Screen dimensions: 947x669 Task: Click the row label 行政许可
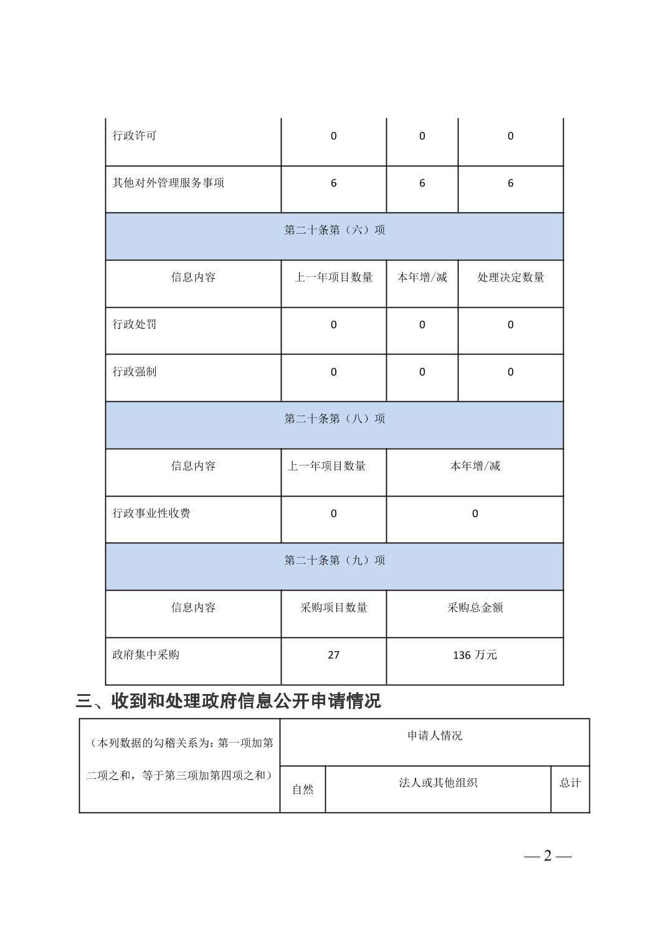pyautogui.click(x=135, y=136)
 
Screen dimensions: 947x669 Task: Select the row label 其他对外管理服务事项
pyautogui.click(x=168, y=183)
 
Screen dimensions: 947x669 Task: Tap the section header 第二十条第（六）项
pyautogui.click(x=334, y=231)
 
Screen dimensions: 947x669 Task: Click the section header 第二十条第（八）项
pyautogui.click(x=334, y=419)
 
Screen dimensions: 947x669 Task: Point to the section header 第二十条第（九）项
pyautogui.click(x=334, y=561)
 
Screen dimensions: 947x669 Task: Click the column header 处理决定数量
pyautogui.click(x=511, y=278)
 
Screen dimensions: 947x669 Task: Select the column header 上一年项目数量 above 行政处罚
pyautogui.click(x=334, y=278)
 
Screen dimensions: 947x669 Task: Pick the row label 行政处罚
pyautogui.click(x=135, y=325)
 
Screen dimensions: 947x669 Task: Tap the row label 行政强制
pyautogui.click(x=135, y=372)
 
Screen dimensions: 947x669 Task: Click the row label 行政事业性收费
pyautogui.click(x=151, y=513)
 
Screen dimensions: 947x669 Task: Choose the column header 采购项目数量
pyautogui.click(x=334, y=608)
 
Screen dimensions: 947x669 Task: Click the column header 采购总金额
pyautogui.click(x=475, y=608)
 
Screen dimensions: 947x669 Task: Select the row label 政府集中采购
pyautogui.click(x=146, y=655)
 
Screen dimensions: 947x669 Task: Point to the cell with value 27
pyautogui.click(x=334, y=655)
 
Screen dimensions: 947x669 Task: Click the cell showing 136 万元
pyautogui.click(x=475, y=655)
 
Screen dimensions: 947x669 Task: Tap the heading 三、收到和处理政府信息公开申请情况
pyautogui.click(x=228, y=702)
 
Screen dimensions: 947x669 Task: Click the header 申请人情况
pyautogui.click(x=435, y=736)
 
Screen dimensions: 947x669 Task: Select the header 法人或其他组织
pyautogui.click(x=438, y=783)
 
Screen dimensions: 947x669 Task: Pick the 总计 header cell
pyautogui.click(x=570, y=783)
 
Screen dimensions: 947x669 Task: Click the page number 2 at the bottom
pyautogui.click(x=548, y=856)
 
